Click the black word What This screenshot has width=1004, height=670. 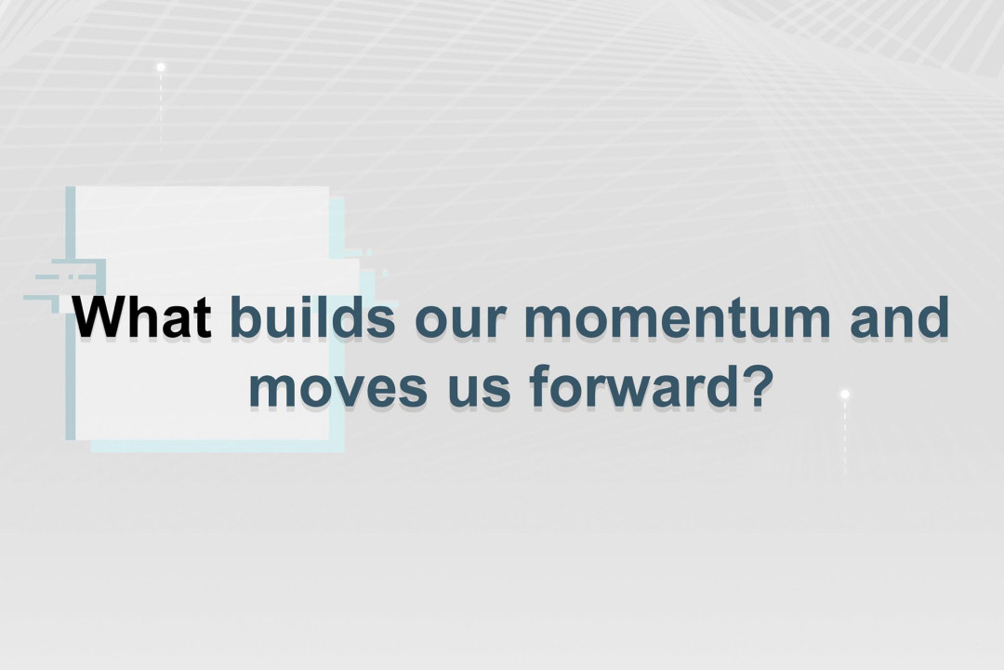(x=142, y=316)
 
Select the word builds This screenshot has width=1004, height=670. (x=312, y=316)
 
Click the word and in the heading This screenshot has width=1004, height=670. (x=899, y=316)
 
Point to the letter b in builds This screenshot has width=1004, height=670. (x=244, y=316)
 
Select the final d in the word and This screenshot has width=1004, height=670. (x=935, y=316)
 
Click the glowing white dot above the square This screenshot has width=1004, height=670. (x=161, y=67)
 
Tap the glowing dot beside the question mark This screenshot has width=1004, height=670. (x=844, y=394)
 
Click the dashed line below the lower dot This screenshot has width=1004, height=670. (x=844, y=437)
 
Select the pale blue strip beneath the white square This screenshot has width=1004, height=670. (x=218, y=447)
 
